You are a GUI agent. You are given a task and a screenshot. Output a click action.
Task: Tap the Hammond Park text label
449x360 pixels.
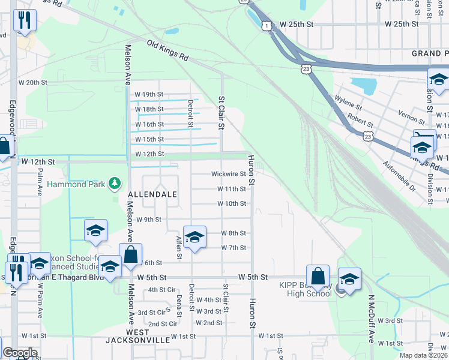[x=76, y=184]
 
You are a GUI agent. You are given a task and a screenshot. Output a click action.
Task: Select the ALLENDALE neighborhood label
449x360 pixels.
[x=152, y=195]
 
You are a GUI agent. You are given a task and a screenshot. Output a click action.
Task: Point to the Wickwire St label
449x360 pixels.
[x=229, y=174]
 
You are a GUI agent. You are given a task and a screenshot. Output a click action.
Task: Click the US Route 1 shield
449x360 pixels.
[x=267, y=25]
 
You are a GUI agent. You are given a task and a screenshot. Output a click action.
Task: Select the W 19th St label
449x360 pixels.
[x=149, y=95]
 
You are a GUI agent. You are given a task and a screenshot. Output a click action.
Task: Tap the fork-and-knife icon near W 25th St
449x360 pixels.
[x=25, y=20]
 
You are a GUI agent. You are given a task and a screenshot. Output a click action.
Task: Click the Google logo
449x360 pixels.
[x=20, y=353]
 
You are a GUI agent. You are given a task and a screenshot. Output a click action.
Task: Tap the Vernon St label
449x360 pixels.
[x=411, y=113]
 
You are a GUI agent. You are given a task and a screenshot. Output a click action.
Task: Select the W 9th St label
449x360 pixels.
[x=149, y=220]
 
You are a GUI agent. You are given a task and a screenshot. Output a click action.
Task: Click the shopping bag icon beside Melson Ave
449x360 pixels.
[x=130, y=254]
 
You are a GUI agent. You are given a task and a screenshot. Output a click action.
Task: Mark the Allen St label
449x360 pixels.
[x=179, y=248]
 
